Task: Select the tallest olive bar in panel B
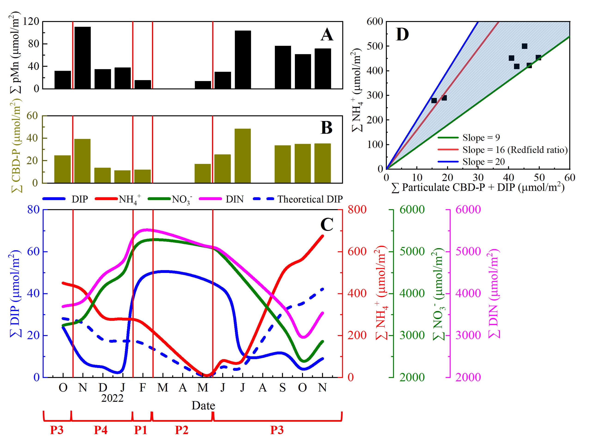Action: [x=242, y=156]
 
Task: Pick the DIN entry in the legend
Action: [x=234, y=199]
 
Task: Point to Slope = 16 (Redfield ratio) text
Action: [x=515, y=150]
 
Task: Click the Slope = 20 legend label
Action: [x=484, y=162]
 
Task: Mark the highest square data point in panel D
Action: [x=524, y=46]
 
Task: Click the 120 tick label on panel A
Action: [x=31, y=21]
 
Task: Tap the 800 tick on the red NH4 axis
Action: [x=357, y=210]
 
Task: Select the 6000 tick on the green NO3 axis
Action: [x=412, y=210]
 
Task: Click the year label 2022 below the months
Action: [x=112, y=398]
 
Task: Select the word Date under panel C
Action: [x=203, y=406]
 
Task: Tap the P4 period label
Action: [x=100, y=430]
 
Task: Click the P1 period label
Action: [x=141, y=430]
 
